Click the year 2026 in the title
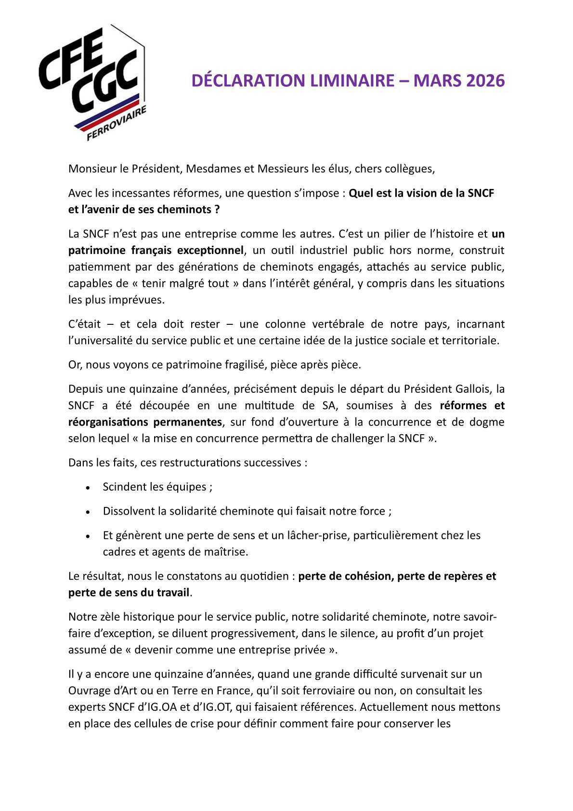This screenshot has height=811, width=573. [x=485, y=80]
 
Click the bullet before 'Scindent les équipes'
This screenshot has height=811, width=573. [x=88, y=488]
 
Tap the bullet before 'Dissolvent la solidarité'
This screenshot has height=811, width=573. [x=88, y=512]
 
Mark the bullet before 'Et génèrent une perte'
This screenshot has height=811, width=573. [x=88, y=536]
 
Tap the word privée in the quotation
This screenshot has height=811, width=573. [x=311, y=650]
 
